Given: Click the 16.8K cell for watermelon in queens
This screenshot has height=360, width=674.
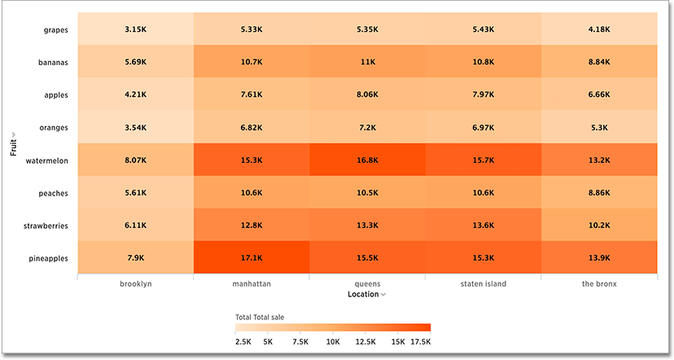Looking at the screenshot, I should tap(367, 160).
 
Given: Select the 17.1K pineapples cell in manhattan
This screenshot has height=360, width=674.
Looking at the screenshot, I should tap(251, 258).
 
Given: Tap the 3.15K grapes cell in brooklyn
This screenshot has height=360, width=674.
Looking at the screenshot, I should tap(135, 29).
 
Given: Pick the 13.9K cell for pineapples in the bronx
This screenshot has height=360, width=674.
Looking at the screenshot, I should tap(598, 258).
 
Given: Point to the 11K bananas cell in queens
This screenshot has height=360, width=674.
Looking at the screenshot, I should tap(367, 62).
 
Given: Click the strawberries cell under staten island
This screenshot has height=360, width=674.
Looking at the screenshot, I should tap(483, 226).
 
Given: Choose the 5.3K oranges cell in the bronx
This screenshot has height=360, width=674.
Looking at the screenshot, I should tap(598, 128).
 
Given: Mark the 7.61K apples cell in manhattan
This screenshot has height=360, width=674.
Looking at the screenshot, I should tap(251, 94).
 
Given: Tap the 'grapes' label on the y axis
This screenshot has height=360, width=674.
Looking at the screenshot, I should tap(55, 30).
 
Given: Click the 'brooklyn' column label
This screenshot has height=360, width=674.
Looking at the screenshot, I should tap(135, 283).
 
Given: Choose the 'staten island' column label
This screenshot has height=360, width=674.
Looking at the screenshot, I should tap(483, 283).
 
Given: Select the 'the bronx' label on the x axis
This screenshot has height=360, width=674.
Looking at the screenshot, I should tap(598, 283).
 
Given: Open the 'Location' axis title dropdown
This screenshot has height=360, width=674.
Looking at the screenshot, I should tap(366, 294).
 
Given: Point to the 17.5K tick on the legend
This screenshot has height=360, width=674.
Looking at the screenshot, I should tap(419, 342).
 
